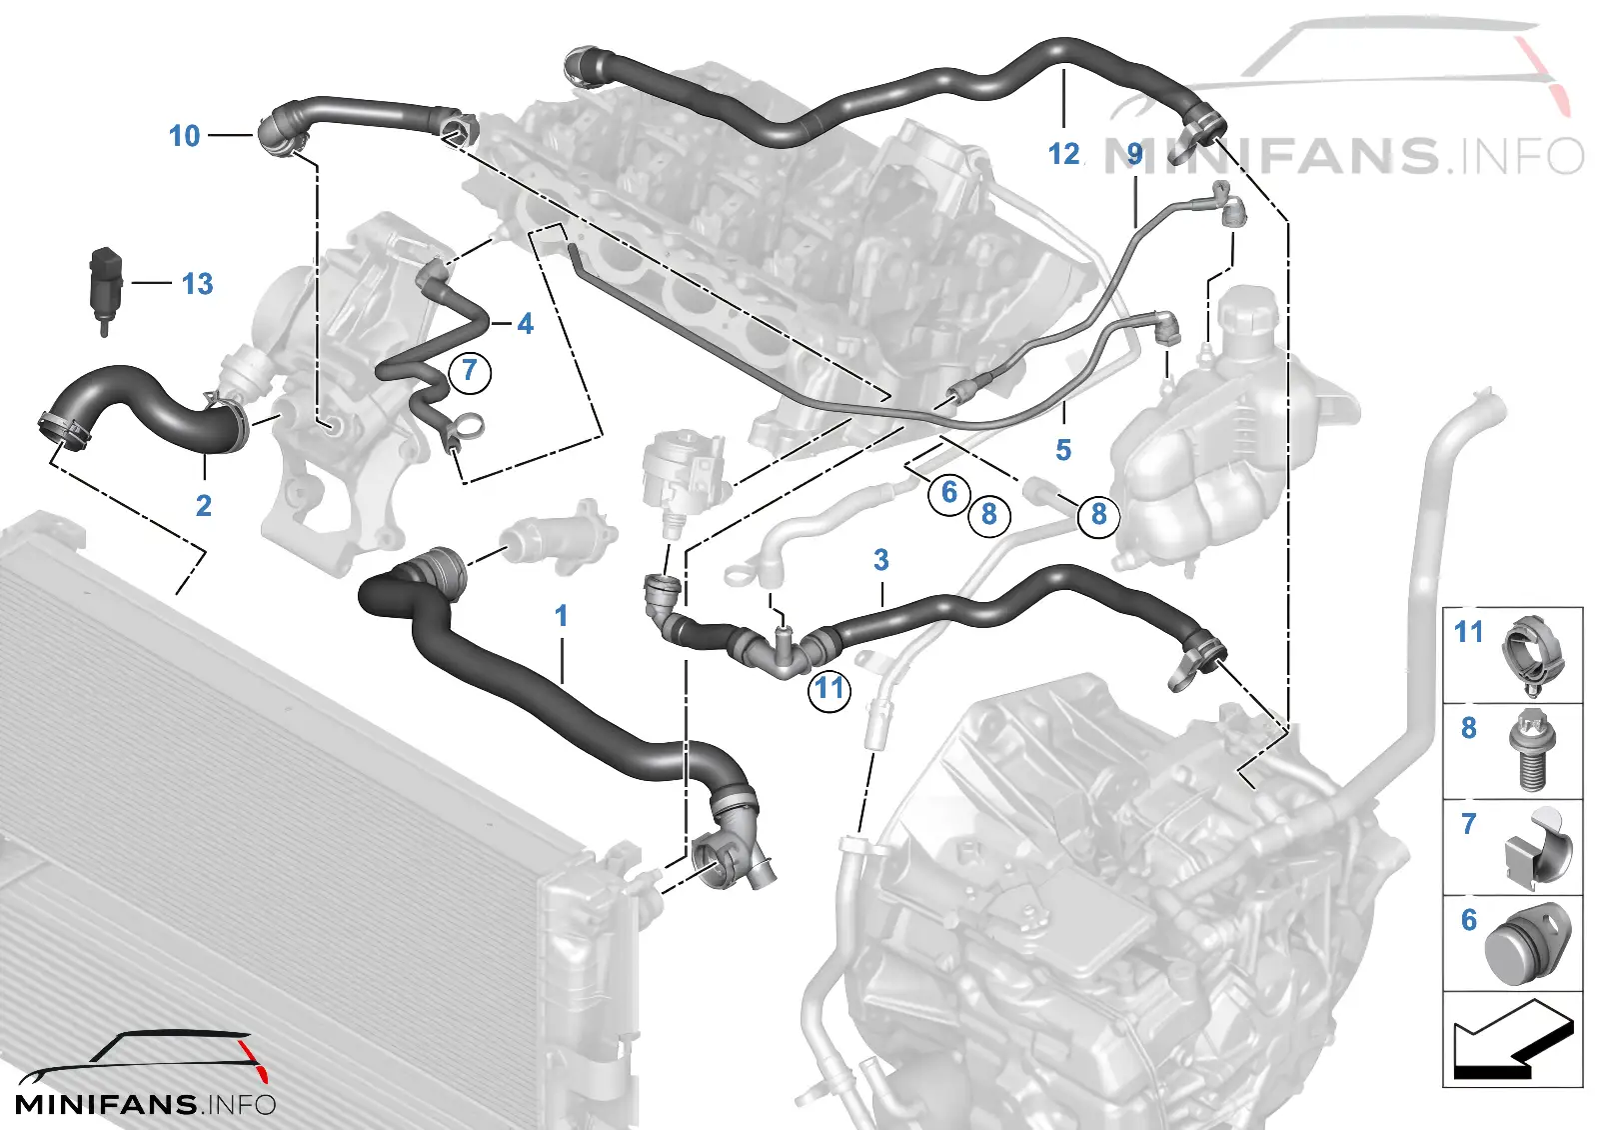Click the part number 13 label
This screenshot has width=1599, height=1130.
coord(197,284)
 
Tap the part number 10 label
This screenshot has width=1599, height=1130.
coord(184,136)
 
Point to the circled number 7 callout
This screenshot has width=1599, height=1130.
coord(469,371)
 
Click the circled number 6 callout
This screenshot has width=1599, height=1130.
coord(948,491)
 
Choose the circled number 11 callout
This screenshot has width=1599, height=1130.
coord(828,690)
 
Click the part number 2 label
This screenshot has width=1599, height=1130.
coord(204,506)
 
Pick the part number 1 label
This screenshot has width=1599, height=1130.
coord(561,616)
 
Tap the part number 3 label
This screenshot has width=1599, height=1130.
coord(880,560)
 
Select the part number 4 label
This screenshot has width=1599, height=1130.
coord(526,324)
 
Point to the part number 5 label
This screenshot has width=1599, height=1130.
coord(1063,450)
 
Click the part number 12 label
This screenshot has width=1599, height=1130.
coord(1063,154)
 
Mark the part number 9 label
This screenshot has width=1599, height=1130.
coord(1135,154)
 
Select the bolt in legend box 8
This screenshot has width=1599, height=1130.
coord(1529,750)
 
